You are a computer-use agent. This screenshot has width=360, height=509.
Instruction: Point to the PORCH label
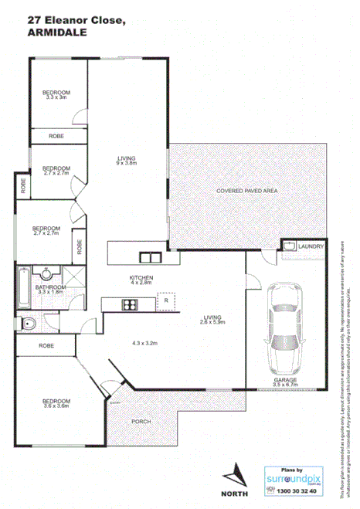(141, 421)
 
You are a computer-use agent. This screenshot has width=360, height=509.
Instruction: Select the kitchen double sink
(149, 257)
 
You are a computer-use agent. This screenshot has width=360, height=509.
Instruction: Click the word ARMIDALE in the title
(59, 33)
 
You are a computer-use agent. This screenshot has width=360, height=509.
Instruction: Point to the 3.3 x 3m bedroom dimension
(57, 97)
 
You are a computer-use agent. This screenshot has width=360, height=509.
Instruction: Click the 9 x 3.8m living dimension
(126, 163)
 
